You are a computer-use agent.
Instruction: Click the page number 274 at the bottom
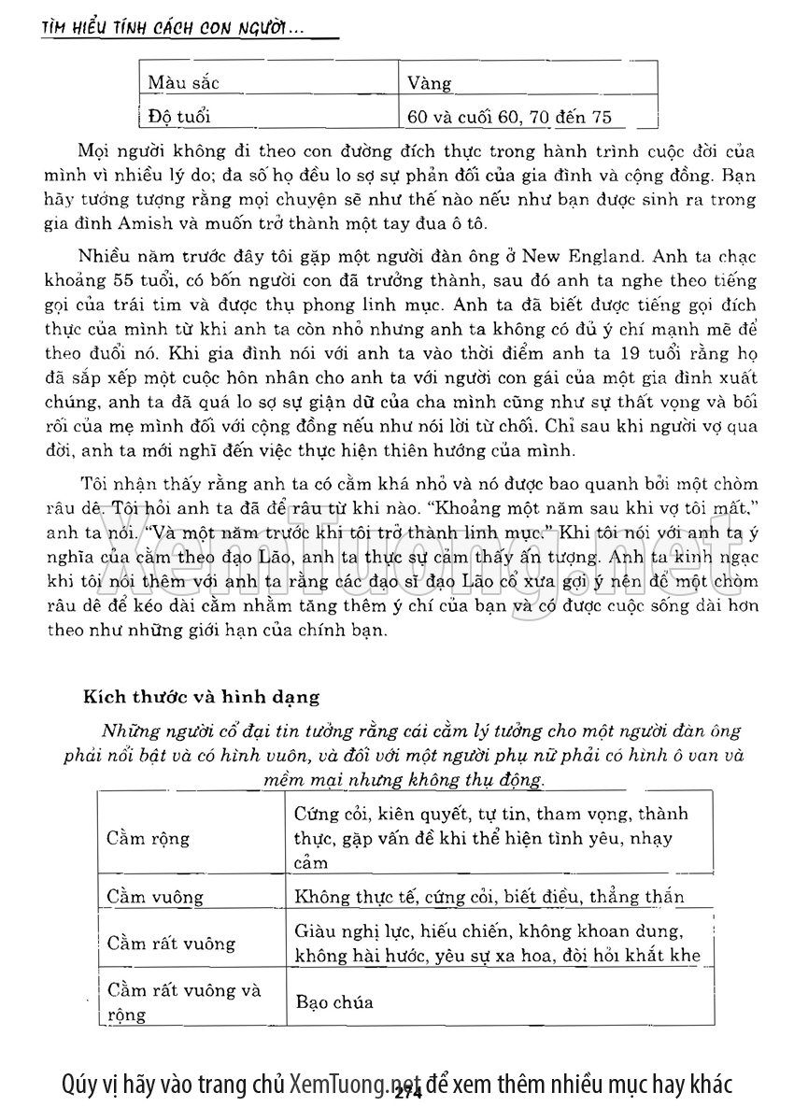coord(409,1094)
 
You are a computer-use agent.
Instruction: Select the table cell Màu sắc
coord(183,83)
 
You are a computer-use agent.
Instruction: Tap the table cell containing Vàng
coord(430,84)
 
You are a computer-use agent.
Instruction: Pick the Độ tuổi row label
coord(179,116)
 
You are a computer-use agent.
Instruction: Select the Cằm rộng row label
coord(148,837)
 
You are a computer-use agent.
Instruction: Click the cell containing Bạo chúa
coord(333,1002)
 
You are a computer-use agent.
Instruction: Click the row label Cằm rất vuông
coord(170,943)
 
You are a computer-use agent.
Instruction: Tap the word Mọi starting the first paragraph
coord(94,151)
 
